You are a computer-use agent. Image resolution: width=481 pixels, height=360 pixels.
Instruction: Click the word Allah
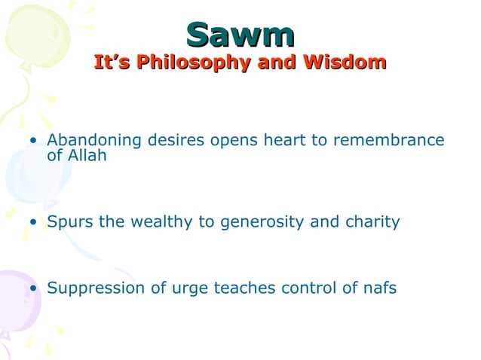(87, 156)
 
